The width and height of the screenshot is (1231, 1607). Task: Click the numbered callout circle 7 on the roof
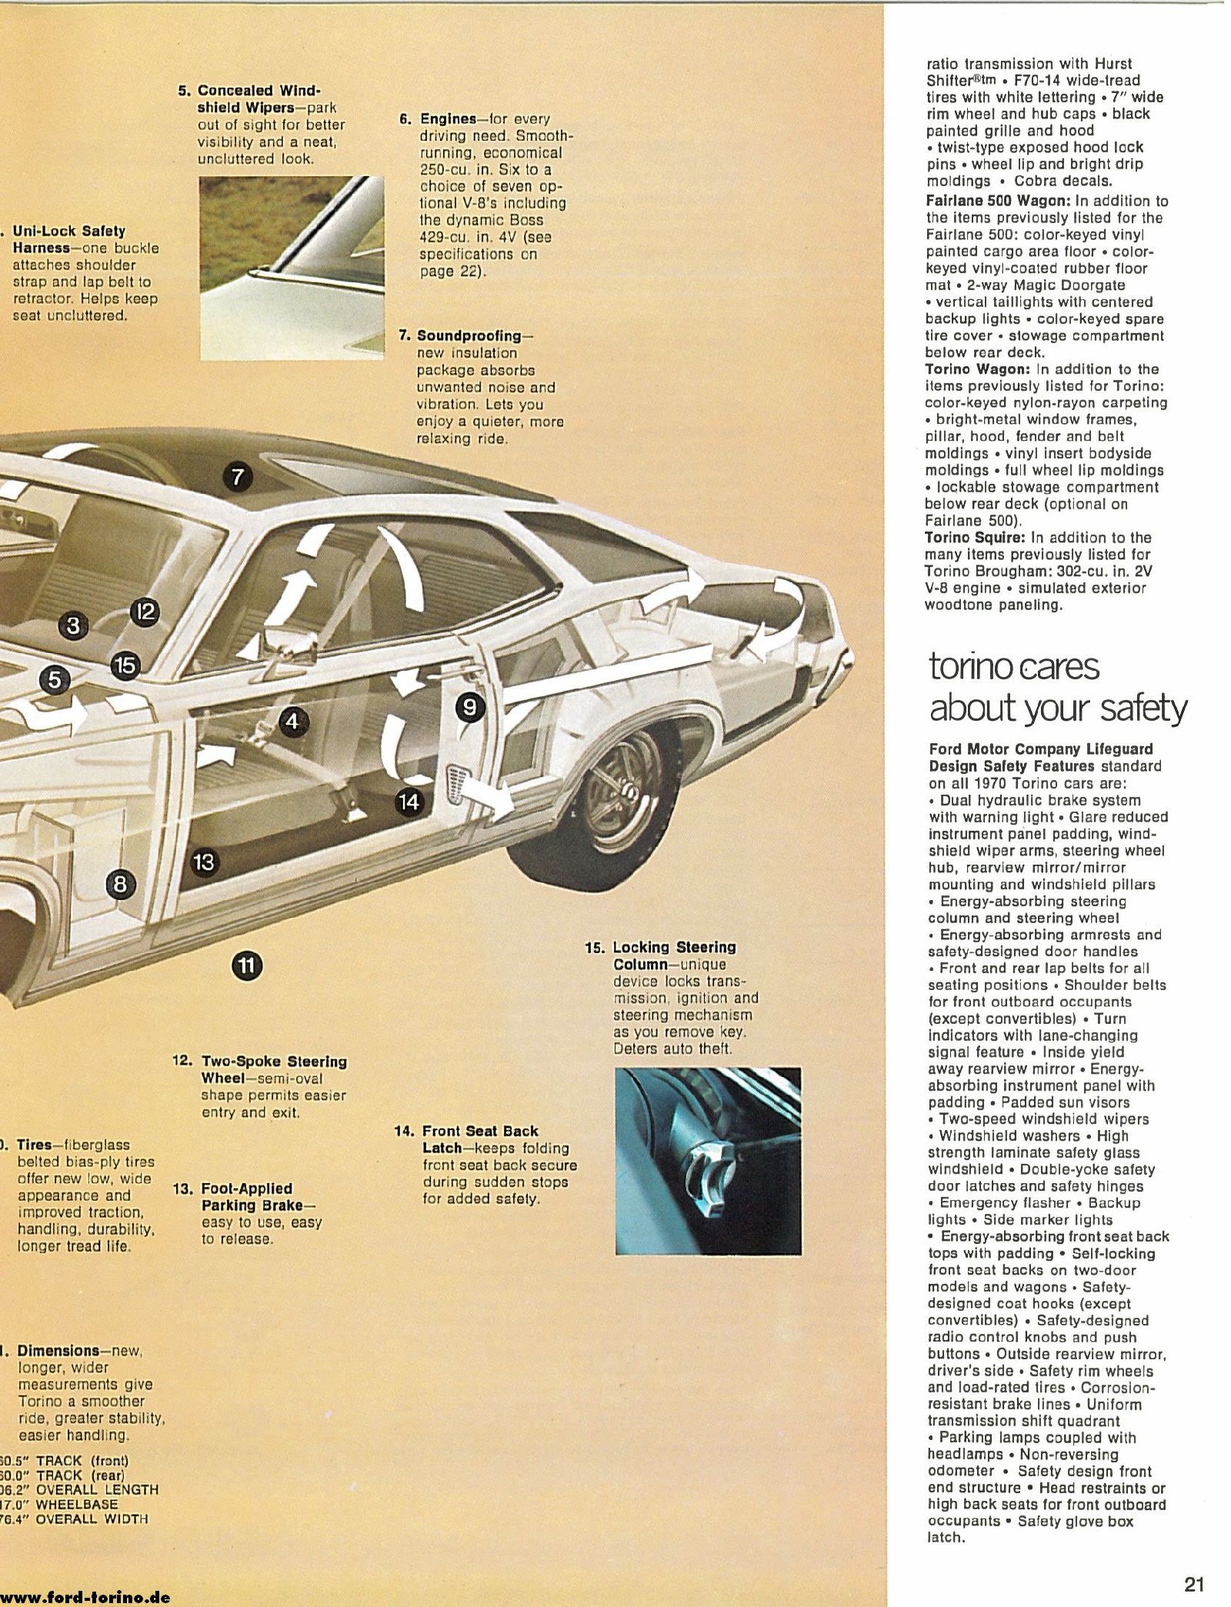point(238,477)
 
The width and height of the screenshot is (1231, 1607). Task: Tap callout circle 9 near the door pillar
point(470,706)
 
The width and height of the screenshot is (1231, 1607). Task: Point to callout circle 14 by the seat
point(409,802)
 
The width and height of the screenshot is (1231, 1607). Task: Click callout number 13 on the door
point(203,862)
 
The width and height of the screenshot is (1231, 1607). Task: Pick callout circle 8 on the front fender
point(120,885)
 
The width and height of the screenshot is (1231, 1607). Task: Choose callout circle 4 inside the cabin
point(292,721)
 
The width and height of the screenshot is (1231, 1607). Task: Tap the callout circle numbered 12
point(145,612)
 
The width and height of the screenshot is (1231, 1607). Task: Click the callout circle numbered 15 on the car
point(125,665)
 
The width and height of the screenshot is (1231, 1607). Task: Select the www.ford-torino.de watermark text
point(85,1596)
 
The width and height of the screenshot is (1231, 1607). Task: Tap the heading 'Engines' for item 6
point(448,119)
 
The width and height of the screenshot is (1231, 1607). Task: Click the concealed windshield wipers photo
point(292,268)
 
